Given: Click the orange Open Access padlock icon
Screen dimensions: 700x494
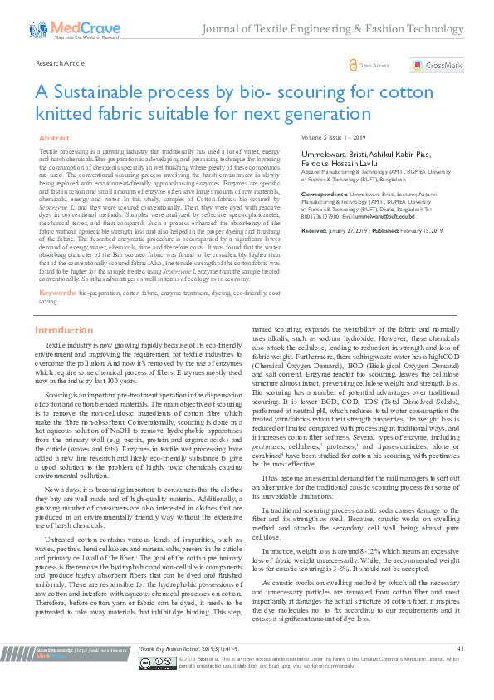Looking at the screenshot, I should [x=353, y=65].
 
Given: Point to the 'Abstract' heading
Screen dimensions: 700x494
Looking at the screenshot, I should [x=55, y=138].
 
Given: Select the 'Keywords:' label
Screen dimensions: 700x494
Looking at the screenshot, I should [x=58, y=293].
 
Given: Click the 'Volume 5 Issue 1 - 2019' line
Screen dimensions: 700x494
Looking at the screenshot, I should [x=334, y=138].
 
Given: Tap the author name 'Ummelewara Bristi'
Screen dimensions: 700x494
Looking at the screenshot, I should [x=334, y=154].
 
